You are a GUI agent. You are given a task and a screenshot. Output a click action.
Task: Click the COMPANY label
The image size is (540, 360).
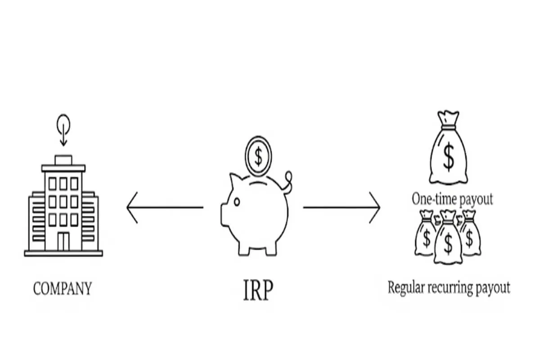[x=62, y=288]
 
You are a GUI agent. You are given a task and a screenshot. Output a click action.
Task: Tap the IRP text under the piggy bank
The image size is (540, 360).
[x=257, y=291]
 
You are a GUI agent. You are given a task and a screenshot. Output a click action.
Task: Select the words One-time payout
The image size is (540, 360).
[x=452, y=199]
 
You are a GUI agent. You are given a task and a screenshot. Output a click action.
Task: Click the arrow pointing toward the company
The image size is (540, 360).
[x=164, y=207]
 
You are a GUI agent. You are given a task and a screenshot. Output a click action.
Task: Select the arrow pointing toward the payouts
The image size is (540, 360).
[x=342, y=207]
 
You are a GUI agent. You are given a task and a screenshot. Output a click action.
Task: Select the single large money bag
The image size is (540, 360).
[x=448, y=151]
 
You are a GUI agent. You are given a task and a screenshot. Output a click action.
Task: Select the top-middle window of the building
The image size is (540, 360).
[x=63, y=183]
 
